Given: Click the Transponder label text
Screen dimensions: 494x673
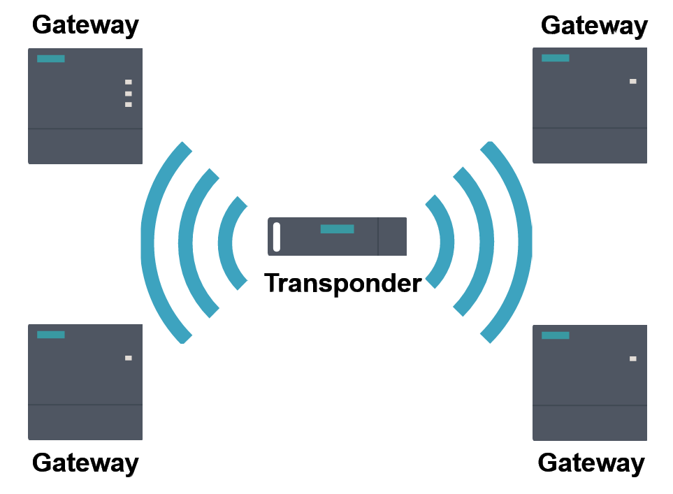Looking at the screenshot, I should [343, 283].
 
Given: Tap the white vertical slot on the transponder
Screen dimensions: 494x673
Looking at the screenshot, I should [277, 237].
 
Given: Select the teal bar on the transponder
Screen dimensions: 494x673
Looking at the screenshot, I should [337, 229].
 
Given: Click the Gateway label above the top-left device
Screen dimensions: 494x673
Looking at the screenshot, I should [85, 27].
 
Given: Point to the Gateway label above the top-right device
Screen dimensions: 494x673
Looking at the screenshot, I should [594, 27].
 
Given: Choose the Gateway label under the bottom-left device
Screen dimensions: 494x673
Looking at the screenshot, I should [85, 463].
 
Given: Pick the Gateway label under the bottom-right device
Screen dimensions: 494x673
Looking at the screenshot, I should [591, 463].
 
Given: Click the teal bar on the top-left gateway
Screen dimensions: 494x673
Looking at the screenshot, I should [51, 59].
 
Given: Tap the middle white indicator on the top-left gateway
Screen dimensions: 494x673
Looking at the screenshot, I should [129, 93].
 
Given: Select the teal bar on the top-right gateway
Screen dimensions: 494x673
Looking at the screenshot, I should [556, 58].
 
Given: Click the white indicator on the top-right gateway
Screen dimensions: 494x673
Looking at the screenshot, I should [633, 81].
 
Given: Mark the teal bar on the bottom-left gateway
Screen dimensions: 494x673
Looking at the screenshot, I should [51, 335].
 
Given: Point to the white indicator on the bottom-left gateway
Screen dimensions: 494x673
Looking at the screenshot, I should [129, 358].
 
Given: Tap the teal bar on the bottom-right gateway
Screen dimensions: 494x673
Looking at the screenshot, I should [556, 335].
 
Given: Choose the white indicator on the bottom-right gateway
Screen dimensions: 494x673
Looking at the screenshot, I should [633, 358].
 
